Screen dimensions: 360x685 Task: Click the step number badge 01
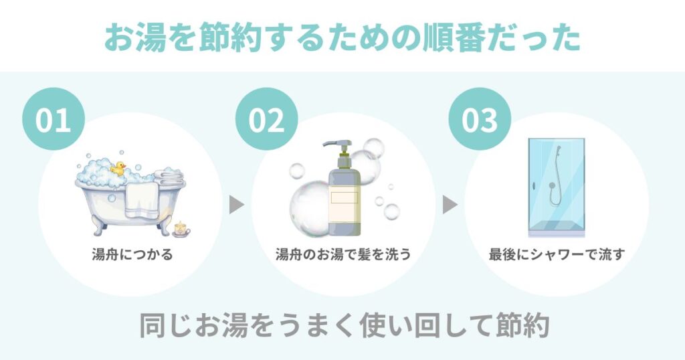coord(54,120)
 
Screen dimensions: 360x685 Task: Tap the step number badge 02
coord(267,120)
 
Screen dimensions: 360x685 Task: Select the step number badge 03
coord(480,120)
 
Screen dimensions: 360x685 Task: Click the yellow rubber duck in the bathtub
coord(119,168)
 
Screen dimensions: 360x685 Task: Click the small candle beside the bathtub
coord(181,230)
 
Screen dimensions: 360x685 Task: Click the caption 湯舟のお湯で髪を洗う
coord(342,255)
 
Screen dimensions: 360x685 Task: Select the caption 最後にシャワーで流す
coord(556,255)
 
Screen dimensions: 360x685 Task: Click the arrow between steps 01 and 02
coord(236,205)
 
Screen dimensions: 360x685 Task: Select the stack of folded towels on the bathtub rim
coord(169,176)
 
